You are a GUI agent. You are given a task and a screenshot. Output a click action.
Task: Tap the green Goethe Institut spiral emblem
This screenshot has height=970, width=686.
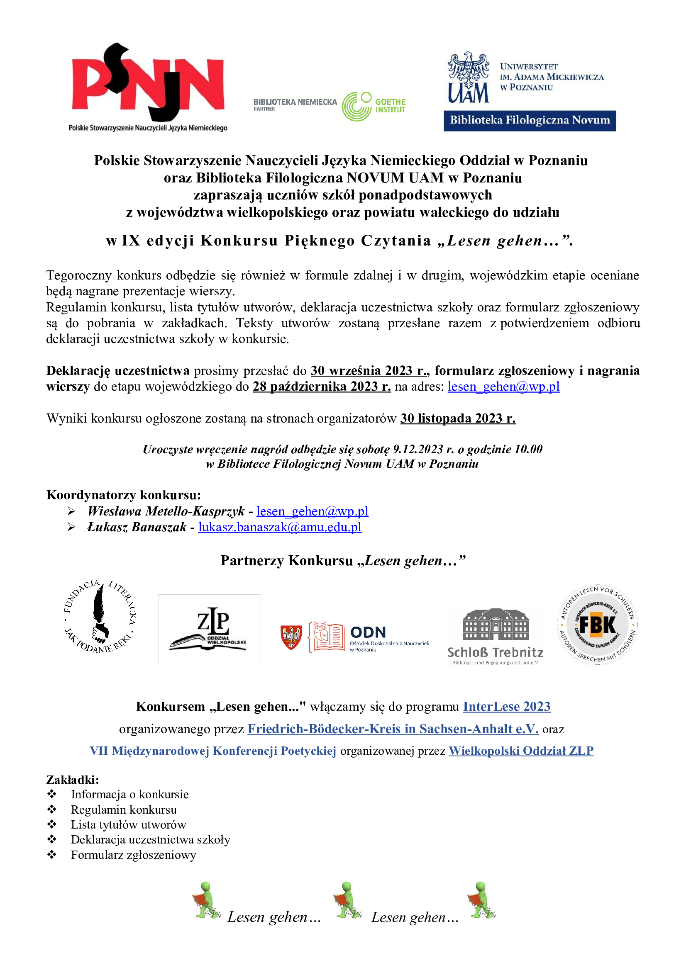pos(356,107)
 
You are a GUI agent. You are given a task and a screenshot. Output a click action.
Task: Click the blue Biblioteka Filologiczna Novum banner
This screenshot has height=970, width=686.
pos(530,120)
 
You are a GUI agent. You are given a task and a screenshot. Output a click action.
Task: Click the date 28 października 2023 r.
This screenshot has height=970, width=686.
pos(322,387)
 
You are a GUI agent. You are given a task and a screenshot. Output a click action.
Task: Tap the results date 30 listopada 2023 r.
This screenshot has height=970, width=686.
pos(458,418)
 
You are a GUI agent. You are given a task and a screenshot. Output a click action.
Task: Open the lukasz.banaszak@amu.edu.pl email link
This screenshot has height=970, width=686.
pos(280,527)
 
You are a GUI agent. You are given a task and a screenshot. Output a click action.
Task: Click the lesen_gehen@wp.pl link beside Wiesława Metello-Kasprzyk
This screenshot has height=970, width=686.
pos(312,511)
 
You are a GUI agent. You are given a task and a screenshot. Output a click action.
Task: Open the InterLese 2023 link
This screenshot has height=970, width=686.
pos(506,706)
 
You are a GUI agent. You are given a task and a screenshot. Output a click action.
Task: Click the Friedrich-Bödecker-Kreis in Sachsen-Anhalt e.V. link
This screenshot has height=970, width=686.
pos(393,729)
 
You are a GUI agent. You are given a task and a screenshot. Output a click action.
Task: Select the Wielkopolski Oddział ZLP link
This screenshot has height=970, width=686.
pos(521,751)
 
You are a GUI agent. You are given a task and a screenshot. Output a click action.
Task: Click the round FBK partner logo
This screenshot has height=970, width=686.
pos(597,625)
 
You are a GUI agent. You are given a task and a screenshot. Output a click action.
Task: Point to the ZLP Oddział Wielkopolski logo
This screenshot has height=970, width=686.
pos(210,630)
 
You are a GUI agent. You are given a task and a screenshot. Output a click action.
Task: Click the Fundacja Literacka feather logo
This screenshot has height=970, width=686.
pos(100,617)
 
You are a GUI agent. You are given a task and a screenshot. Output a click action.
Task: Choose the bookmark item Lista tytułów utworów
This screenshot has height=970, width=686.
pos(128,825)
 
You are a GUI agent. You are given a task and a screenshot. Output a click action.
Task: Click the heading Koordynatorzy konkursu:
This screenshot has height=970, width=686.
pos(123,495)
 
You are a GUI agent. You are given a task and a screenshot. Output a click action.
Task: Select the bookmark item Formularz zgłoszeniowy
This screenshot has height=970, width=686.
pos(134,855)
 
